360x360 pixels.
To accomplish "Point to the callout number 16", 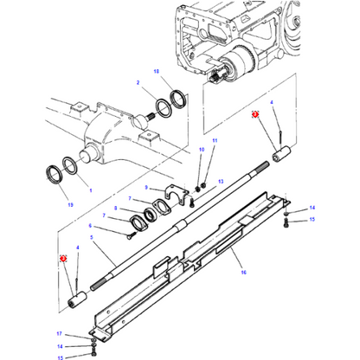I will click(244, 272).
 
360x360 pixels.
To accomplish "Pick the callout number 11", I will click(215, 140).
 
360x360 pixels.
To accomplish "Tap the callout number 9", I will click(148, 188).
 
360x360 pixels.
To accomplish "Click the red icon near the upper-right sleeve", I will click(255, 113).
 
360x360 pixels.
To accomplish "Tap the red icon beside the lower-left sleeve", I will click(63, 259).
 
